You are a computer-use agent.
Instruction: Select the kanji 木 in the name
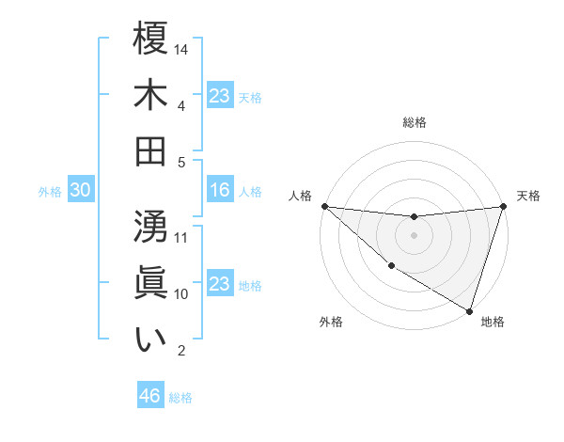151,94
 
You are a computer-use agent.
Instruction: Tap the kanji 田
151,150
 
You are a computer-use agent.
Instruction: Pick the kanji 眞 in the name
151,282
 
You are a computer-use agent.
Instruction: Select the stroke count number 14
182,48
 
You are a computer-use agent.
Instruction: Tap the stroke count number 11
182,236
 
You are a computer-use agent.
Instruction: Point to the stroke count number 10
182,293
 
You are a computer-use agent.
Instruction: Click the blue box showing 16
220,191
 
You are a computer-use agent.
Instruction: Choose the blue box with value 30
81,191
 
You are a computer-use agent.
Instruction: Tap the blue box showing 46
150,396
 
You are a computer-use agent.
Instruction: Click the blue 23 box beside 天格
220,96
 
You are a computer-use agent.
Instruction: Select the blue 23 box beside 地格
220,284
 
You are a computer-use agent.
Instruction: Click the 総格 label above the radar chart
415,122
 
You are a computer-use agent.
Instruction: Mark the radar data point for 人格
324,206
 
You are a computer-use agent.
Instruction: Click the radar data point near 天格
504,206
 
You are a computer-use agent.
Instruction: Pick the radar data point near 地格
470,310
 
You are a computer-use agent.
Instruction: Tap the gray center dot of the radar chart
415,235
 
